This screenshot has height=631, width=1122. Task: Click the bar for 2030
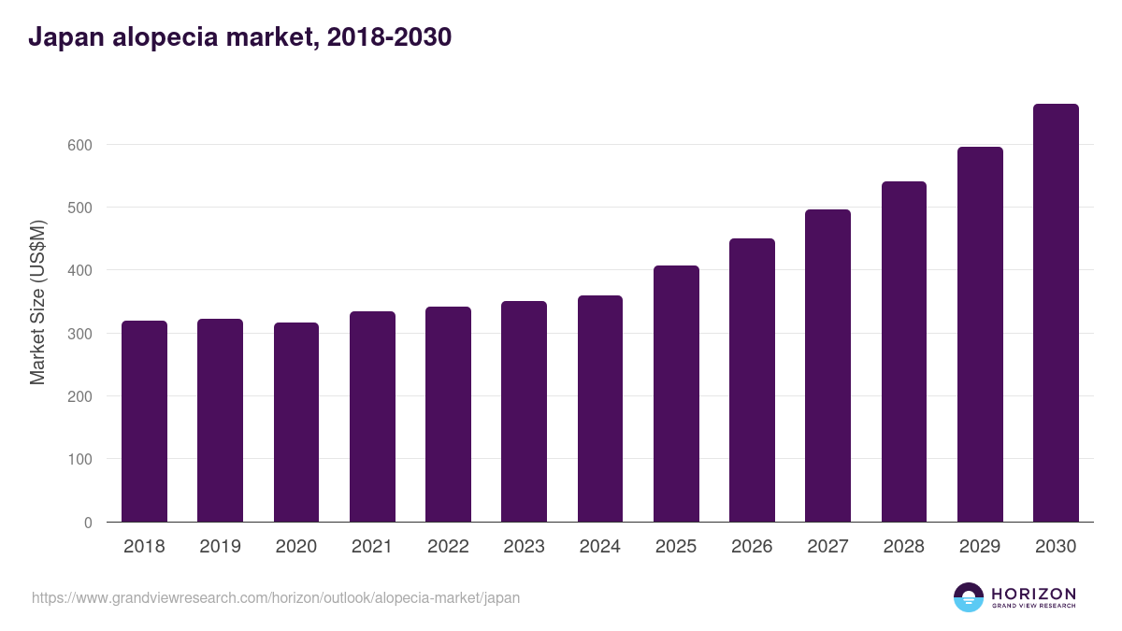coord(1056,313)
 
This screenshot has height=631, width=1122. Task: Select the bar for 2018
coord(144,422)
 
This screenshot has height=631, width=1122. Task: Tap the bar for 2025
coord(676,394)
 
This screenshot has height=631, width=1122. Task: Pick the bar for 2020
coord(296,423)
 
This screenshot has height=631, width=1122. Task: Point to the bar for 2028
coord(903,351)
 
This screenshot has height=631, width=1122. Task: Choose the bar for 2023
coord(524,411)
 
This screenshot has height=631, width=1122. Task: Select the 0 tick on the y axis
coord(88,523)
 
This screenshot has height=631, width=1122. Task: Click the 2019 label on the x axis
coord(220,547)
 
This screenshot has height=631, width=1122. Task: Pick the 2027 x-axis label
coord(827,547)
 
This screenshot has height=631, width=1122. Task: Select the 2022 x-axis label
coord(448,547)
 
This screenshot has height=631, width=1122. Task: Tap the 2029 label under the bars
coord(980,547)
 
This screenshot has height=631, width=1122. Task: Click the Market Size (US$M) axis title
coord(37,302)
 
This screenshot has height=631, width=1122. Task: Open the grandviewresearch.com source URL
coord(276,597)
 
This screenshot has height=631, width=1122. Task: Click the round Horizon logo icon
coord(969,597)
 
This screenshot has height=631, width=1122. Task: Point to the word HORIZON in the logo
coord(1033,593)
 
